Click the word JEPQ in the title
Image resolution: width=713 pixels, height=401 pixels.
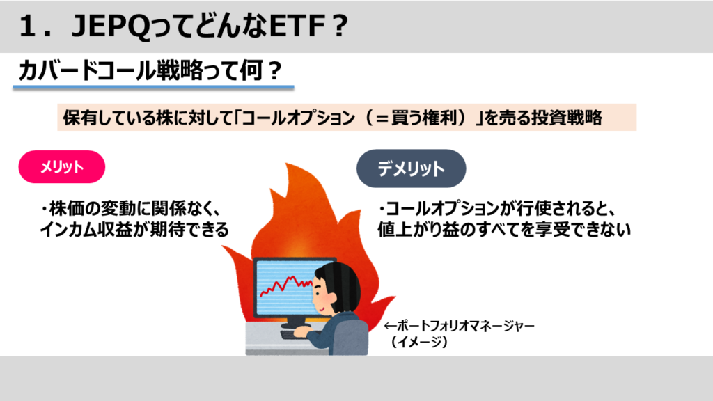coord(111,26)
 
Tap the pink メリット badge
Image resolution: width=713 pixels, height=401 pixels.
coord(62,167)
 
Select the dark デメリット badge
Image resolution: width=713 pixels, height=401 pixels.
coord(411,168)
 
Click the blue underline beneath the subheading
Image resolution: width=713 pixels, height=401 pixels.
coord(153,86)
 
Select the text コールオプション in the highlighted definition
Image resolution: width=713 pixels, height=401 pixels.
coord(298,118)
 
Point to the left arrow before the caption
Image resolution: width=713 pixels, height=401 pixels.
coord(391,326)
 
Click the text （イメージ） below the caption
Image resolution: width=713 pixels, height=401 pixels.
coord(419,341)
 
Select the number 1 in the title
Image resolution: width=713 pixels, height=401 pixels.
coord(27,26)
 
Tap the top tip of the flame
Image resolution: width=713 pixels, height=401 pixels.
coord(288,163)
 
